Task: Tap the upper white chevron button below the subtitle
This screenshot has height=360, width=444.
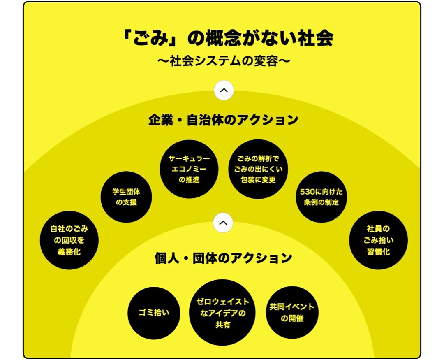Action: click(x=224, y=90)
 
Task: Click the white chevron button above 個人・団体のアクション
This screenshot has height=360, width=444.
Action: click(x=223, y=223)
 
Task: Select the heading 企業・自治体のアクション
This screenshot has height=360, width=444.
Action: click(x=223, y=120)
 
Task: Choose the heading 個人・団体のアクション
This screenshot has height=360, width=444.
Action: click(x=223, y=258)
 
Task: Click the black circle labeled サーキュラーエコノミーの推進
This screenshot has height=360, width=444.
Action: click(x=189, y=169)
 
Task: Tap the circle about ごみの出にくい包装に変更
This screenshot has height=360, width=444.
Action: click(x=258, y=169)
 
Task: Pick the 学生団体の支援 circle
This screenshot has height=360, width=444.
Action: click(x=126, y=197)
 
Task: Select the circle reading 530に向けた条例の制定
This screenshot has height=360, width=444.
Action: click(x=321, y=197)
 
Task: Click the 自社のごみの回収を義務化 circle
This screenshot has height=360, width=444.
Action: click(x=69, y=240)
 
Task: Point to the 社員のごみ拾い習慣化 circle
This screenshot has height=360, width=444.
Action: click(x=378, y=240)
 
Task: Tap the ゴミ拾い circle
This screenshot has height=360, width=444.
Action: click(x=154, y=313)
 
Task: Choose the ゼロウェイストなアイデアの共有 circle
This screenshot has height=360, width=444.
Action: click(x=223, y=313)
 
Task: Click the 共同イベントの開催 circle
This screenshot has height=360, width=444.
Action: click(x=292, y=313)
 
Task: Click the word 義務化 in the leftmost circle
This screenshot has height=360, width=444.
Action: click(x=69, y=252)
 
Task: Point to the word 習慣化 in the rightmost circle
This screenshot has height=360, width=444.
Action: click(x=378, y=252)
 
